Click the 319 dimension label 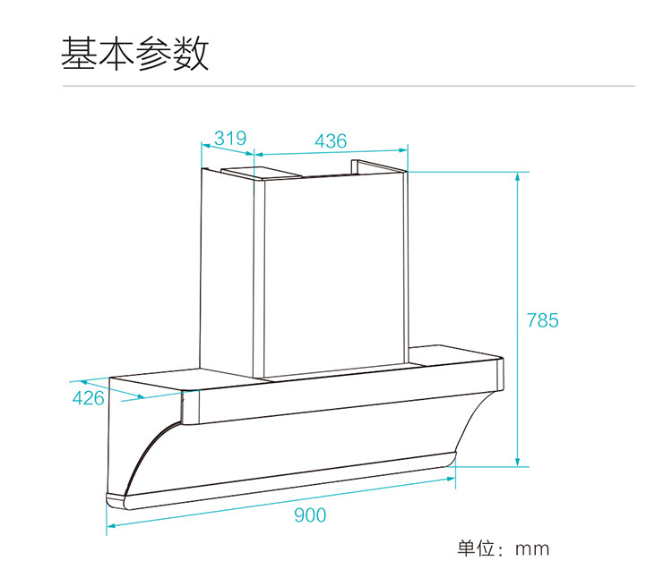230,139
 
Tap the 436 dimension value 331,140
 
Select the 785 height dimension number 542,319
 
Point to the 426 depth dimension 88,398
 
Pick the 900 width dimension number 310,514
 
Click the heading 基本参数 134,54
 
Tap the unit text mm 531,548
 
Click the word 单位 476,548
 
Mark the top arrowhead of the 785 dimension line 517,177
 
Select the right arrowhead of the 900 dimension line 451,480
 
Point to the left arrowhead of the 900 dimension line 110,529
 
